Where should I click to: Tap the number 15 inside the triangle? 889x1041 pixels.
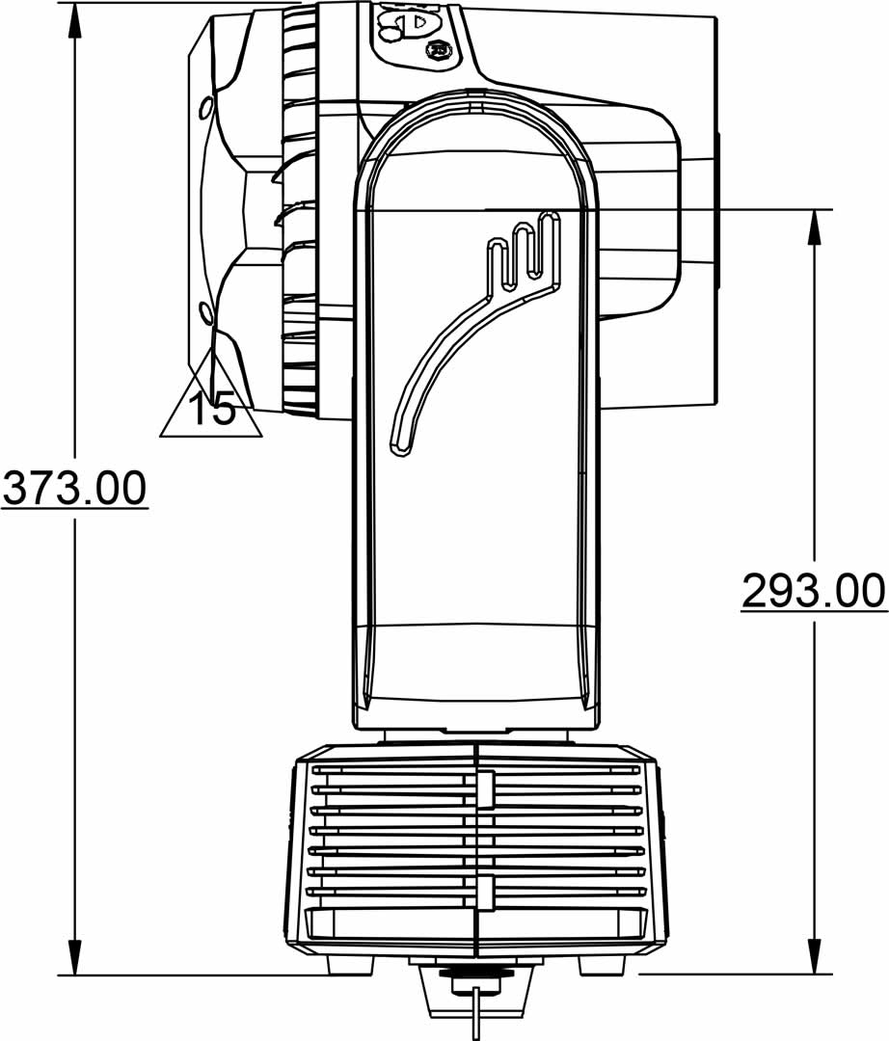tap(212, 408)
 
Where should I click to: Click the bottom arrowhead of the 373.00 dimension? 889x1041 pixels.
tap(75, 957)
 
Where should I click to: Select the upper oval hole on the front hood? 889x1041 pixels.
tap(205, 107)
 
